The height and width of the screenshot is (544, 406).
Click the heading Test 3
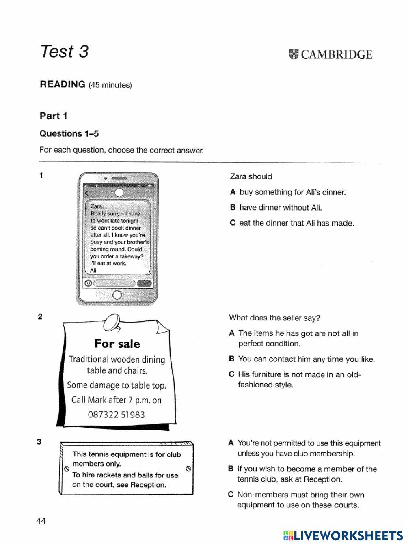pos(64,52)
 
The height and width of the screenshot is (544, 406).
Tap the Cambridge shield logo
pos(294,55)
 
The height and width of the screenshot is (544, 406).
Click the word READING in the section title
pos(62,84)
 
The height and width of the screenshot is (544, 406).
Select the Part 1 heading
pos(53,116)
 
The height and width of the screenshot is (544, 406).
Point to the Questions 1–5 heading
pos(69,134)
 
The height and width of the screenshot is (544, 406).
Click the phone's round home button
pos(117,295)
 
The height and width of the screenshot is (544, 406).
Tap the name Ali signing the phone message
pos(93,271)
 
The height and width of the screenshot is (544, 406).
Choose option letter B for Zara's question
pos(233,208)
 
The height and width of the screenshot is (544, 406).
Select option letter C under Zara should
pos(233,223)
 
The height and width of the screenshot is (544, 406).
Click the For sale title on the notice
pos(117,344)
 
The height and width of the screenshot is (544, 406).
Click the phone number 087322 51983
pos(116,415)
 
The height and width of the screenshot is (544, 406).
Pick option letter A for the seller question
pos(232,333)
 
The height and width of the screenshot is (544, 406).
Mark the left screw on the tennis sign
pos(66,469)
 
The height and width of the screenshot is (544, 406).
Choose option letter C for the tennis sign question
pos(231,495)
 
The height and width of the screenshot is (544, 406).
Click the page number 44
pos(41,521)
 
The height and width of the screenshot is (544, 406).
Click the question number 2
pos(40,317)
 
